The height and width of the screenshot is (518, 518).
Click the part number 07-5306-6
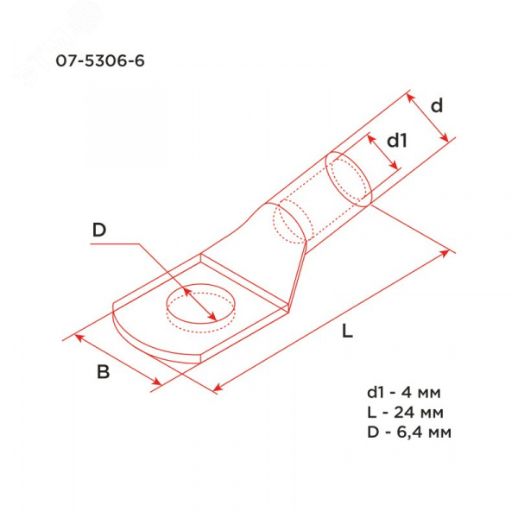100,60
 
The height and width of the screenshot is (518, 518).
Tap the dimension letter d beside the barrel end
437,106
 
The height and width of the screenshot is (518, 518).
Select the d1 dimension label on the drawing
397,141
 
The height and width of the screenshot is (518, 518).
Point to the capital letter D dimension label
99,230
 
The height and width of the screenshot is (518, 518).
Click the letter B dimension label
103,372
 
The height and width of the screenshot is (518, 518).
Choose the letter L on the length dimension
347,331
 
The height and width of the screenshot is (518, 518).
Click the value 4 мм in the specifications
421,393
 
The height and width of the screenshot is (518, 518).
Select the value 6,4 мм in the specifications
424,433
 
